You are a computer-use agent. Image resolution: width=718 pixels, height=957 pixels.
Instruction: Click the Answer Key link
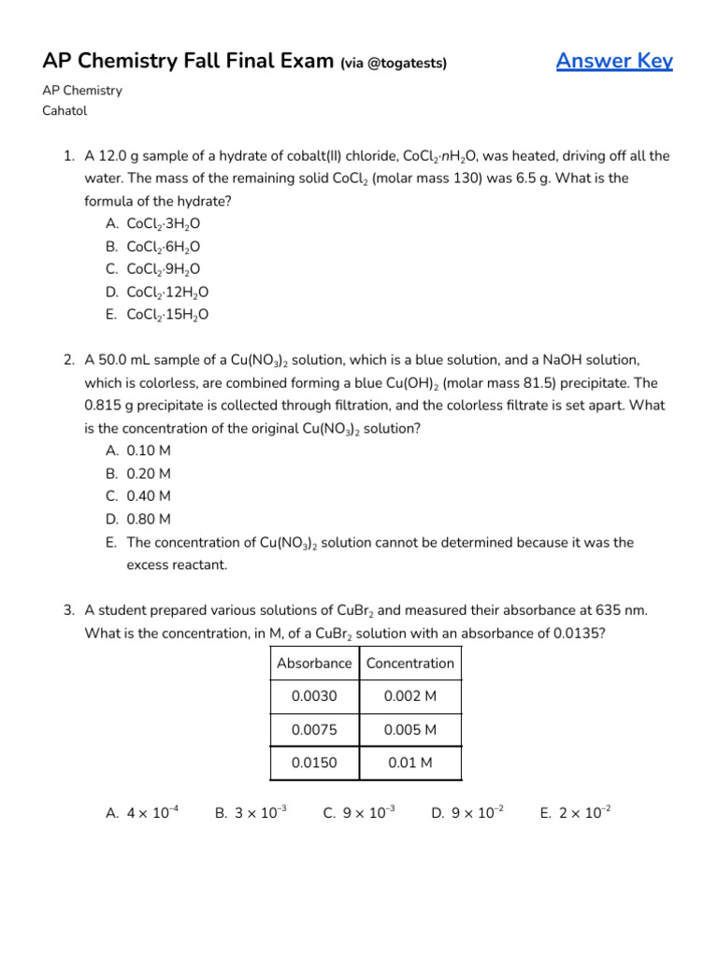coord(614,62)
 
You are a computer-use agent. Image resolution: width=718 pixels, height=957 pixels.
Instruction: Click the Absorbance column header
coord(314,664)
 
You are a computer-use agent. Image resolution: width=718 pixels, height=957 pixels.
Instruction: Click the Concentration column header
coord(410,664)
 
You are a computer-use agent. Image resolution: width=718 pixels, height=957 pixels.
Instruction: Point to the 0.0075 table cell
coord(313,730)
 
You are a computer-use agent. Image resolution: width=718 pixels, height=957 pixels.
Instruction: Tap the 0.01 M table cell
coord(410,763)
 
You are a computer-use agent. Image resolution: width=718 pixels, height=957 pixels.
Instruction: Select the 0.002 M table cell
coord(410,696)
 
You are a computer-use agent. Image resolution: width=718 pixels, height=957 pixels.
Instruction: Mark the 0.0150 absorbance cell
coord(313,763)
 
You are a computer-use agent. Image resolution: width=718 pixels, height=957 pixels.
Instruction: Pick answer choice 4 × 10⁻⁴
coord(152,813)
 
